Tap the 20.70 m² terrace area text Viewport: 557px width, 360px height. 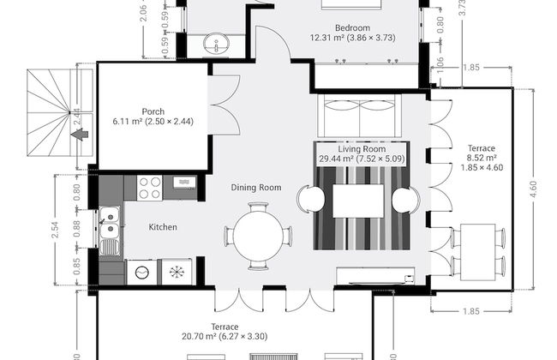tap(201, 338)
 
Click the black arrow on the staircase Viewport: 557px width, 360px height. tap(78, 135)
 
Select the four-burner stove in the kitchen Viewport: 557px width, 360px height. tap(149, 187)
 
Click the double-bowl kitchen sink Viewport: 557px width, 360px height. tap(109, 225)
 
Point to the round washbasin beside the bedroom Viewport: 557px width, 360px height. tap(214, 42)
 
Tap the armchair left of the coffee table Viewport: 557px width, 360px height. tap(310, 201)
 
